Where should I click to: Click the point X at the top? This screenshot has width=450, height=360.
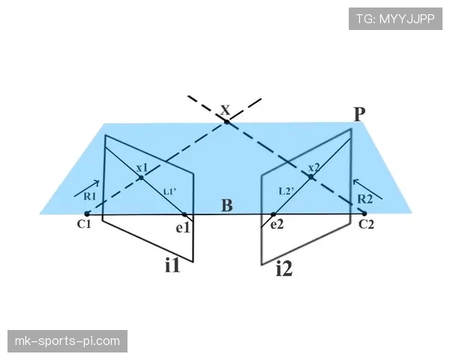(226, 122)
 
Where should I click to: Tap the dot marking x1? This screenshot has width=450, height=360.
(141, 178)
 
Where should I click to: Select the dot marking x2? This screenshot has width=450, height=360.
(311, 177)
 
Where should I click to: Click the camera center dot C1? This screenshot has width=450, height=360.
(87, 214)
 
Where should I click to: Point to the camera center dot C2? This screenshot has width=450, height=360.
(364, 214)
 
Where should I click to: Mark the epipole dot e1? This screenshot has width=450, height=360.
(184, 214)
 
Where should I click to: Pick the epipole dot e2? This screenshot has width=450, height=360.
(273, 214)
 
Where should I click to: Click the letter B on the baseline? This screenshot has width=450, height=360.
(227, 205)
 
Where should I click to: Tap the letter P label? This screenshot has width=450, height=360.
(359, 114)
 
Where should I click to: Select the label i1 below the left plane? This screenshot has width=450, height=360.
(172, 265)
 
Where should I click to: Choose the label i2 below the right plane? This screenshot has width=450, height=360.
(284, 269)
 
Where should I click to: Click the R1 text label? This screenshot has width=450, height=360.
(89, 196)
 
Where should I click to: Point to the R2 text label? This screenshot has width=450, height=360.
(365, 199)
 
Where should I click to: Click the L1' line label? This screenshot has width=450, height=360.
(170, 191)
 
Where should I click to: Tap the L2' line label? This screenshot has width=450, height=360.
(286, 191)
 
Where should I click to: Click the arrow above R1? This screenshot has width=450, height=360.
(87, 188)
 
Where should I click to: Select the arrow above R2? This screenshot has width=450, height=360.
(367, 189)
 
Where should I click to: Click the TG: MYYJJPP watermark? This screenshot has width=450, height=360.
(395, 19)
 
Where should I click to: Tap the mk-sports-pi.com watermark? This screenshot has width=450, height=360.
(67, 341)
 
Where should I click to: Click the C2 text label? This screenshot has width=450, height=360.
(367, 224)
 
